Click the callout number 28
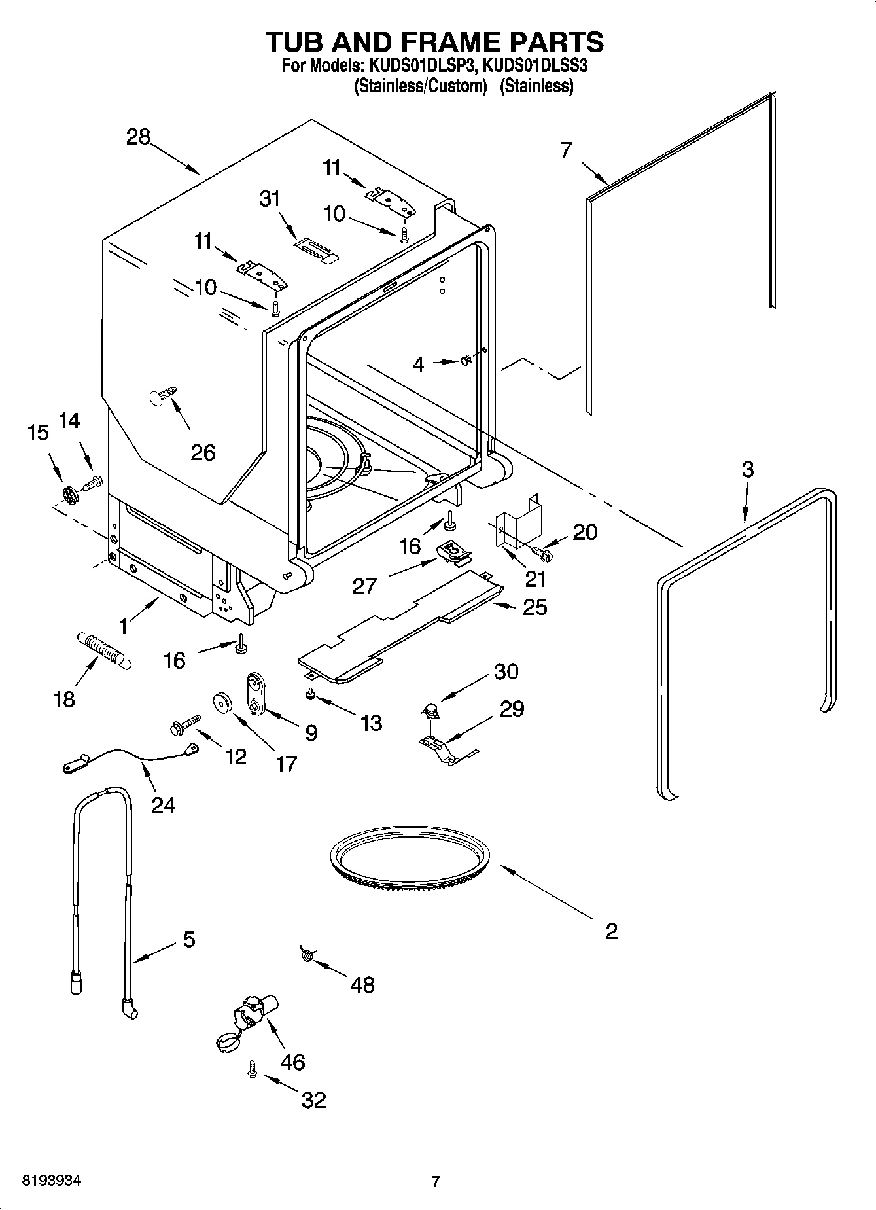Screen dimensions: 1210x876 click(x=139, y=137)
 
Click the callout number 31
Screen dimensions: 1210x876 click(x=270, y=199)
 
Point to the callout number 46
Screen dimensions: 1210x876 click(x=292, y=1061)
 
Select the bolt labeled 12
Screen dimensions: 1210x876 click(x=186, y=724)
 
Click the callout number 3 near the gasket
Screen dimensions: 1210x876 click(x=747, y=469)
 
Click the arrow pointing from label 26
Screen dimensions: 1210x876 click(x=181, y=416)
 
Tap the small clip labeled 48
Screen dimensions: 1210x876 click(x=307, y=955)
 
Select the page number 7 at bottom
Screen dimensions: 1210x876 click(x=436, y=1181)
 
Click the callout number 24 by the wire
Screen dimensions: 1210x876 click(x=164, y=804)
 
